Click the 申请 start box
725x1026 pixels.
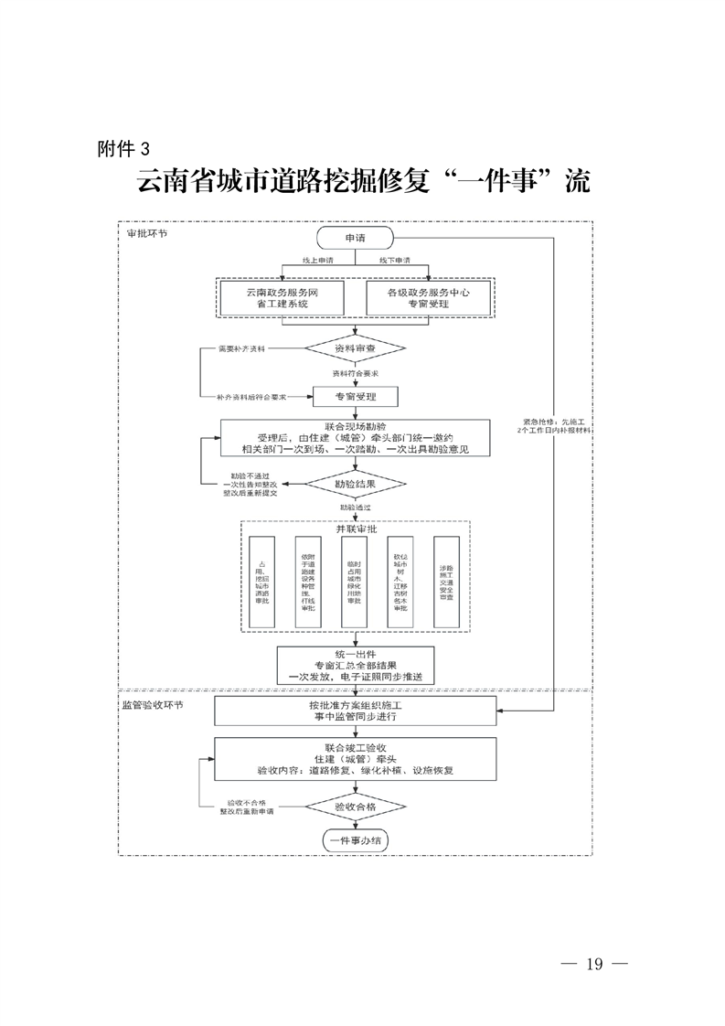354,238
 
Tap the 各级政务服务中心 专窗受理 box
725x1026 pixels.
428,296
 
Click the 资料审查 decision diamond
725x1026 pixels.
354,349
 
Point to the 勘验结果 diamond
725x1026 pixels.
354,481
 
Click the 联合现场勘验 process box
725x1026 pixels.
356,437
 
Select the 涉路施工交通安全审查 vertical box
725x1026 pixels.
447,582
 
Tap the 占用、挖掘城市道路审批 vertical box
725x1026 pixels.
261,582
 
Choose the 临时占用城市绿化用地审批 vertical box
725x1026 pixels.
354,582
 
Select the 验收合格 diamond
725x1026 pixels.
354,807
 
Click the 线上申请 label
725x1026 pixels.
318,262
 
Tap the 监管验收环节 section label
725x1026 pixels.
152,706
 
